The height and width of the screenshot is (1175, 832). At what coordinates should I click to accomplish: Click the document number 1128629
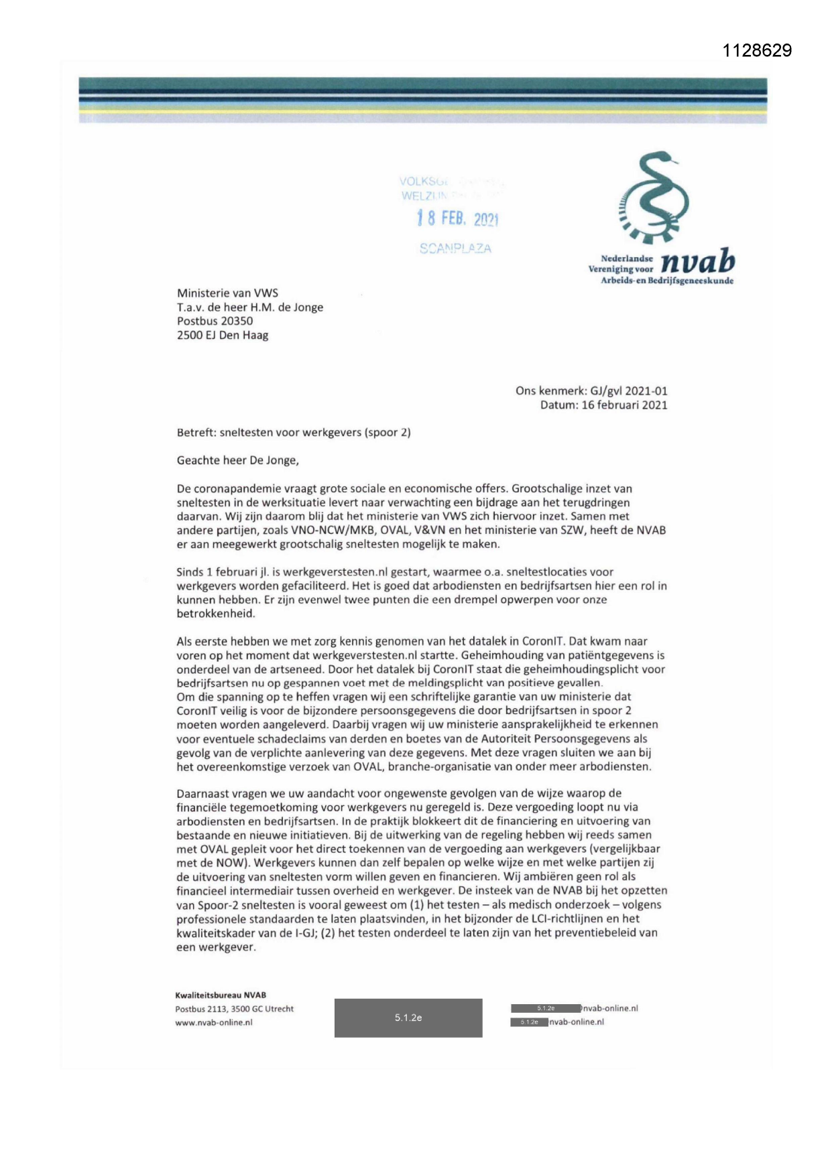[x=758, y=51]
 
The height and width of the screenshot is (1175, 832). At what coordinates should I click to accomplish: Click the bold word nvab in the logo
[x=697, y=263]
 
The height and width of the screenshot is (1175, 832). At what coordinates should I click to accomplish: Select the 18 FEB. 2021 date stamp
[x=458, y=218]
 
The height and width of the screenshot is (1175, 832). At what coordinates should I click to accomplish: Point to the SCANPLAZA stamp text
[x=455, y=249]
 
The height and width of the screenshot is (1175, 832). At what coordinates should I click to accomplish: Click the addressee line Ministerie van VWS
[x=227, y=293]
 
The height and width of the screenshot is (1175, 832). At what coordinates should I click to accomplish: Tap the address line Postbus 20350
[x=215, y=321]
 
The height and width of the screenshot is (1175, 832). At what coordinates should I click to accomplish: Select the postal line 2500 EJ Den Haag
[x=223, y=335]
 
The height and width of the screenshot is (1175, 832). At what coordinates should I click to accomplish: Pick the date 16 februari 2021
[x=624, y=405]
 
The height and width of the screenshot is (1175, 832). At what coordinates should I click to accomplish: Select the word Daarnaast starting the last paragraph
[x=202, y=793]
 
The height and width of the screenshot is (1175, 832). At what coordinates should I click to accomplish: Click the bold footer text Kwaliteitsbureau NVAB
[x=221, y=995]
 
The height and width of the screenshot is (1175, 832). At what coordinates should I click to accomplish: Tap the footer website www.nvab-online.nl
[x=214, y=1023]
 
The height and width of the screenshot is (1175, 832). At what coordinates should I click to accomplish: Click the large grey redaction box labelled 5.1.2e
[x=408, y=1018]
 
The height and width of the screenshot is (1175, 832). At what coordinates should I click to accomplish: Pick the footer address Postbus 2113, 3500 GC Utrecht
[x=235, y=1009]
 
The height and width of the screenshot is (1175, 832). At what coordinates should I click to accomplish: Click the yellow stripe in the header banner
[x=422, y=111]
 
